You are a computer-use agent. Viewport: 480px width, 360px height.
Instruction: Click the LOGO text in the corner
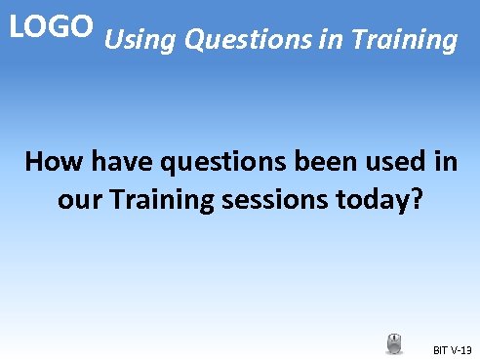pyautogui.click(x=51, y=25)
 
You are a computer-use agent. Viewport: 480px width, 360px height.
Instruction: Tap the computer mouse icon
pyautogui.click(x=394, y=343)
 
